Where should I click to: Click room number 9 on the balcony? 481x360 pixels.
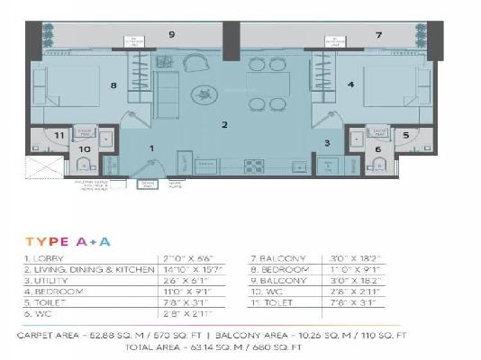point(171,34)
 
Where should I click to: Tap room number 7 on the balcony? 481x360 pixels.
point(379,34)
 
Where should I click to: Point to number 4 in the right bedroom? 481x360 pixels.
point(349,86)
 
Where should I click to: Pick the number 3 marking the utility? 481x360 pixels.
point(328,143)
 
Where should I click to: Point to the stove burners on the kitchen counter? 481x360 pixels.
point(255,166)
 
